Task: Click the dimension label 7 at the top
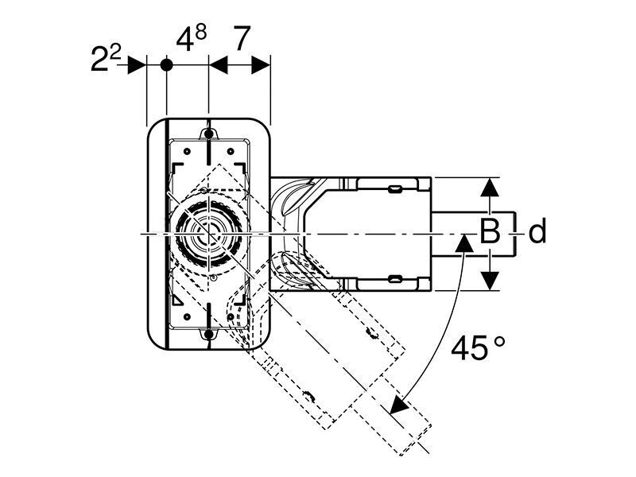click(242, 38)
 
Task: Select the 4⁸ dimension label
click(192, 38)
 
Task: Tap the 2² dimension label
click(106, 59)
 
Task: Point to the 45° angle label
click(479, 348)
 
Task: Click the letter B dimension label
click(490, 231)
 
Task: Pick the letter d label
click(537, 231)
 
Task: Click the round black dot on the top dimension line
click(166, 65)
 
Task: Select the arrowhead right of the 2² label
click(137, 65)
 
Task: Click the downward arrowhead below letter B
click(490, 281)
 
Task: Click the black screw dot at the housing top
click(208, 134)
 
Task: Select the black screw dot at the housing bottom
click(208, 334)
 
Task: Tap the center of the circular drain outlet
click(208, 234)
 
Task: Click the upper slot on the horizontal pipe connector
click(395, 188)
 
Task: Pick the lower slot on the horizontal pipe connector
click(395, 279)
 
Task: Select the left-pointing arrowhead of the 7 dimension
click(218, 65)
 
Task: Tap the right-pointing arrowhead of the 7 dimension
click(261, 65)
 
